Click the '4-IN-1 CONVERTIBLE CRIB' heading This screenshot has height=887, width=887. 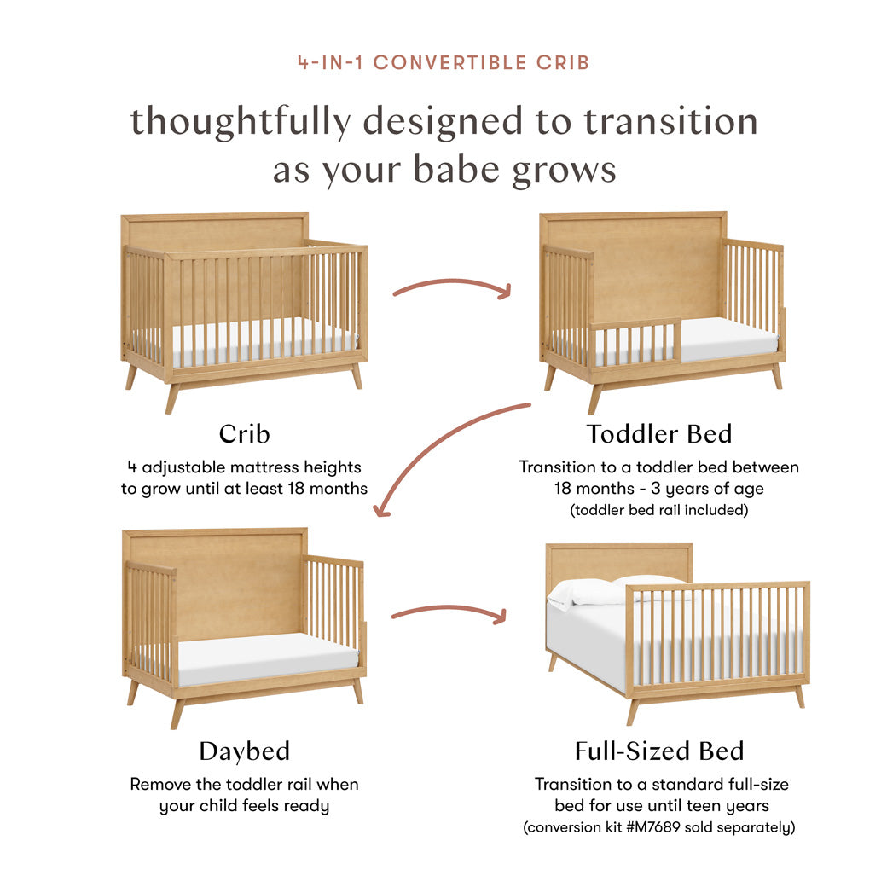[x=443, y=62]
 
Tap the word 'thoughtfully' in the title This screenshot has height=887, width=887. [x=240, y=122]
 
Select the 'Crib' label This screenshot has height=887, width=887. [x=244, y=433]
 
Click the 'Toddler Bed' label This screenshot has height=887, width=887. [x=658, y=433]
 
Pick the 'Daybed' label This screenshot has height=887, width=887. [x=244, y=751]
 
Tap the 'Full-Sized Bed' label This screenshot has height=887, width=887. [x=658, y=751]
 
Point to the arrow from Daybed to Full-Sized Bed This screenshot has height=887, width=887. [x=448, y=611]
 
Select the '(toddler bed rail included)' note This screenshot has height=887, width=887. [x=658, y=511]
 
